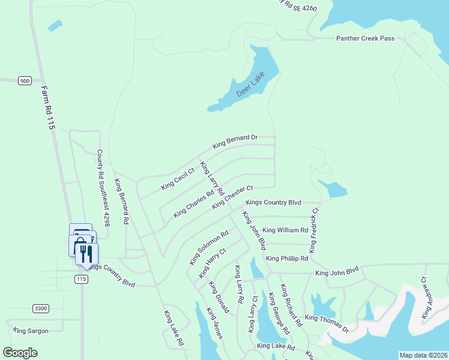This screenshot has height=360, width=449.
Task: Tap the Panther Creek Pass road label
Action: pyautogui.click(x=365, y=38)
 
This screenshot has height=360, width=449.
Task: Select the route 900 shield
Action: pyautogui.click(x=25, y=80)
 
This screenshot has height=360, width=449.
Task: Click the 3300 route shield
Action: pyautogui.click(x=40, y=308)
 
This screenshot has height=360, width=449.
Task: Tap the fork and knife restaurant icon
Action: pyautogui.click(x=86, y=252)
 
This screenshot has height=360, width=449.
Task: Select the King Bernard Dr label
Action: pyautogui.click(x=235, y=142)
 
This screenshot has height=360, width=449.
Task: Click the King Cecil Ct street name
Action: pyautogui.click(x=178, y=179)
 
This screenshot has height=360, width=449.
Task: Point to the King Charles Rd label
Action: pyautogui.click(x=194, y=205)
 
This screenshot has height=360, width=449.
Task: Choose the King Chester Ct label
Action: pyautogui.click(x=233, y=197)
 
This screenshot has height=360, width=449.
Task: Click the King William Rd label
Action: pyautogui.click(x=285, y=230)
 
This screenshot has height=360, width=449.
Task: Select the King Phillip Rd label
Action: pyautogui.click(x=286, y=259)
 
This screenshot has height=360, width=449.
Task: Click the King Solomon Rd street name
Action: pyautogui.click(x=209, y=248)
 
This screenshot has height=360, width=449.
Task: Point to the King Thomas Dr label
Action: pyautogui.click(x=327, y=323)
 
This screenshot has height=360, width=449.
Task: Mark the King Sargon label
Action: pyautogui.click(x=29, y=331)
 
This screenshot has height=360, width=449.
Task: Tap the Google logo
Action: pyautogui.click(x=20, y=353)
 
